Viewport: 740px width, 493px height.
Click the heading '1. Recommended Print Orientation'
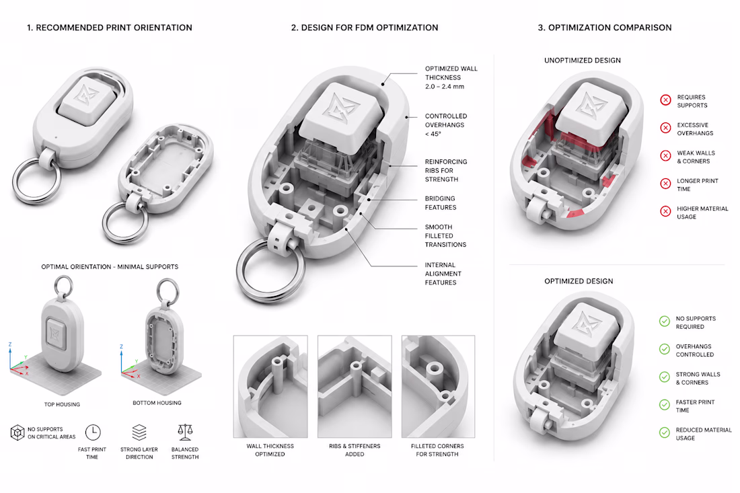pos(110,28)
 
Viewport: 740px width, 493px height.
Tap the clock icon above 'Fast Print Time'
pos(93,432)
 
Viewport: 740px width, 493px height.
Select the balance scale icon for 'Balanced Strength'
pos(185,432)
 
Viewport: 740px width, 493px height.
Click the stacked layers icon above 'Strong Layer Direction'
pos(139,432)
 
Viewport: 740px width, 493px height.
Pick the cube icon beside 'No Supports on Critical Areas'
pos(17,432)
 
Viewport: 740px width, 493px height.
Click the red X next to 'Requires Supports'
pos(665,100)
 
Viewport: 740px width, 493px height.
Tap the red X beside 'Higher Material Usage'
pos(665,211)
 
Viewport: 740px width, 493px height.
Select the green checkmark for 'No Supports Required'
pos(665,321)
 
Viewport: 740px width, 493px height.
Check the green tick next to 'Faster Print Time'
pos(665,405)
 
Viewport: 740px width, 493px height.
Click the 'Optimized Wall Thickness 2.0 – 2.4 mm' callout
pos(451,77)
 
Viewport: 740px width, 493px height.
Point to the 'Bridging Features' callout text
pos(440,203)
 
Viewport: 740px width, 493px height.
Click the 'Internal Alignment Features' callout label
pos(443,274)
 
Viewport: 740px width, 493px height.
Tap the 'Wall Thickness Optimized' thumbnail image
pos(270,386)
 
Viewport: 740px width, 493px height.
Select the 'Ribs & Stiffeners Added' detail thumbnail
pos(355,386)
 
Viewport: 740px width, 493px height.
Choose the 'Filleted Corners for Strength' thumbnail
pos(438,386)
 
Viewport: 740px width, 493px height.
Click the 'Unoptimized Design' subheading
pos(583,61)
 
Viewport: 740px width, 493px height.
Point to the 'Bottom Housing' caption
pos(157,403)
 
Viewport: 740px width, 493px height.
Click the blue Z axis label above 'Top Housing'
pos(10,345)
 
